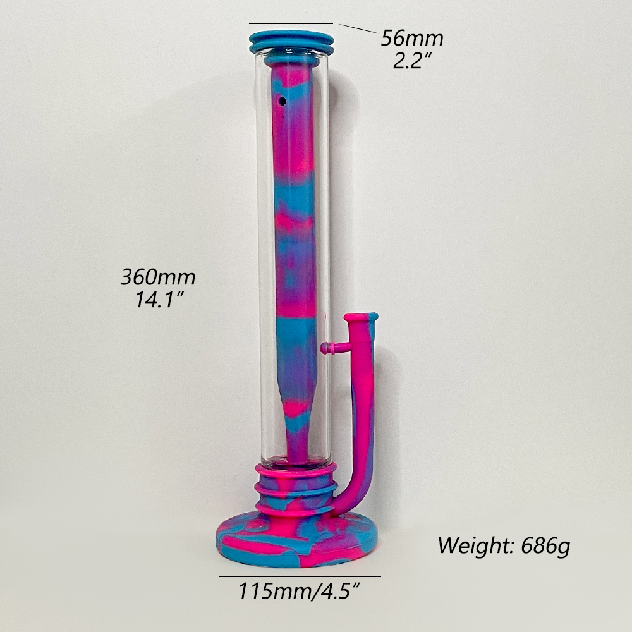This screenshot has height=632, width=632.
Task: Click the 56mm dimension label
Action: tap(412, 39)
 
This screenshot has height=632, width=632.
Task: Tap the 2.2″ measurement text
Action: tap(412, 61)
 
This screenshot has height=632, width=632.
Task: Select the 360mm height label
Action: tap(158, 277)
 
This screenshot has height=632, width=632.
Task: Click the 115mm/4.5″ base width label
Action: tap(299, 592)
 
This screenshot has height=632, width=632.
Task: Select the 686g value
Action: tap(546, 546)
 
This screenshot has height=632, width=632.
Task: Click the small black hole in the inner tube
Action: tap(282, 100)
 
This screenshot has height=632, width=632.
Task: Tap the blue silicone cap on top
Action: tap(291, 43)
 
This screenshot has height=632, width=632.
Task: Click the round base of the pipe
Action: tap(298, 540)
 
